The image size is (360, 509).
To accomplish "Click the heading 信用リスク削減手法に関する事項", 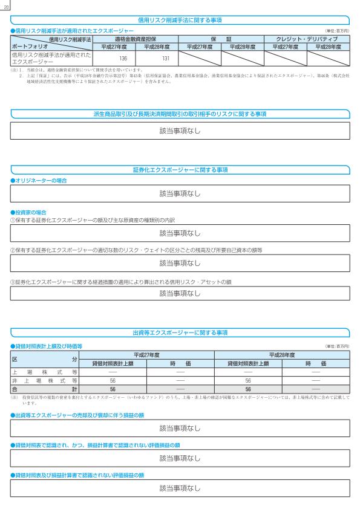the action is point(179,20).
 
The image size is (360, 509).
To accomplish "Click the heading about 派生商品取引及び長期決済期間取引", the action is point(179,114).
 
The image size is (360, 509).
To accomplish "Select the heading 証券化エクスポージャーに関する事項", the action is point(179,170).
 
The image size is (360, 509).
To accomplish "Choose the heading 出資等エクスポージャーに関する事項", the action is point(179,332).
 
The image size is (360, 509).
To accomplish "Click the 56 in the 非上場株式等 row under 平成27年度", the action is point(113,381).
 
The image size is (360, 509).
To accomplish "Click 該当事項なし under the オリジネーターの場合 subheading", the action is point(179,194).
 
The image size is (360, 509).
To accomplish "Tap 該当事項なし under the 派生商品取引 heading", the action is point(179,131).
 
